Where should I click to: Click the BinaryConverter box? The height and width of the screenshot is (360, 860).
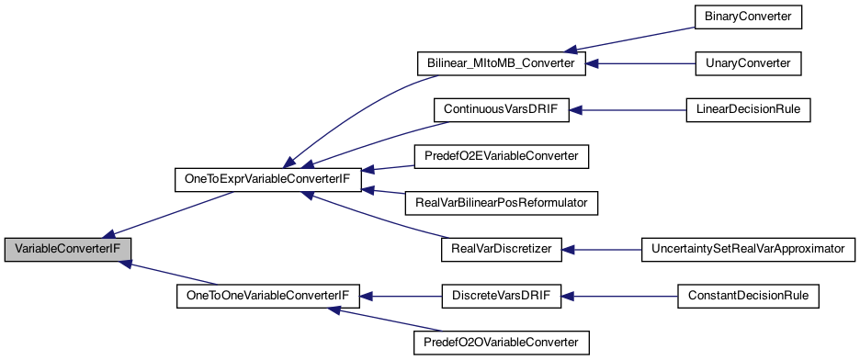(x=748, y=17)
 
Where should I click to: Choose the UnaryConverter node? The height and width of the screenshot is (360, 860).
(x=748, y=63)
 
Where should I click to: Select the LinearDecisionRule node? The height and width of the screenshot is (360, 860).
(x=748, y=110)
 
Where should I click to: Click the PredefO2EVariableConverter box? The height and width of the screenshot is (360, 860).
(x=501, y=156)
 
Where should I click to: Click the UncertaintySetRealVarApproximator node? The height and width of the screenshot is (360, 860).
(x=748, y=250)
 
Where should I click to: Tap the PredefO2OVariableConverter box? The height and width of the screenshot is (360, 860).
(x=501, y=342)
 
